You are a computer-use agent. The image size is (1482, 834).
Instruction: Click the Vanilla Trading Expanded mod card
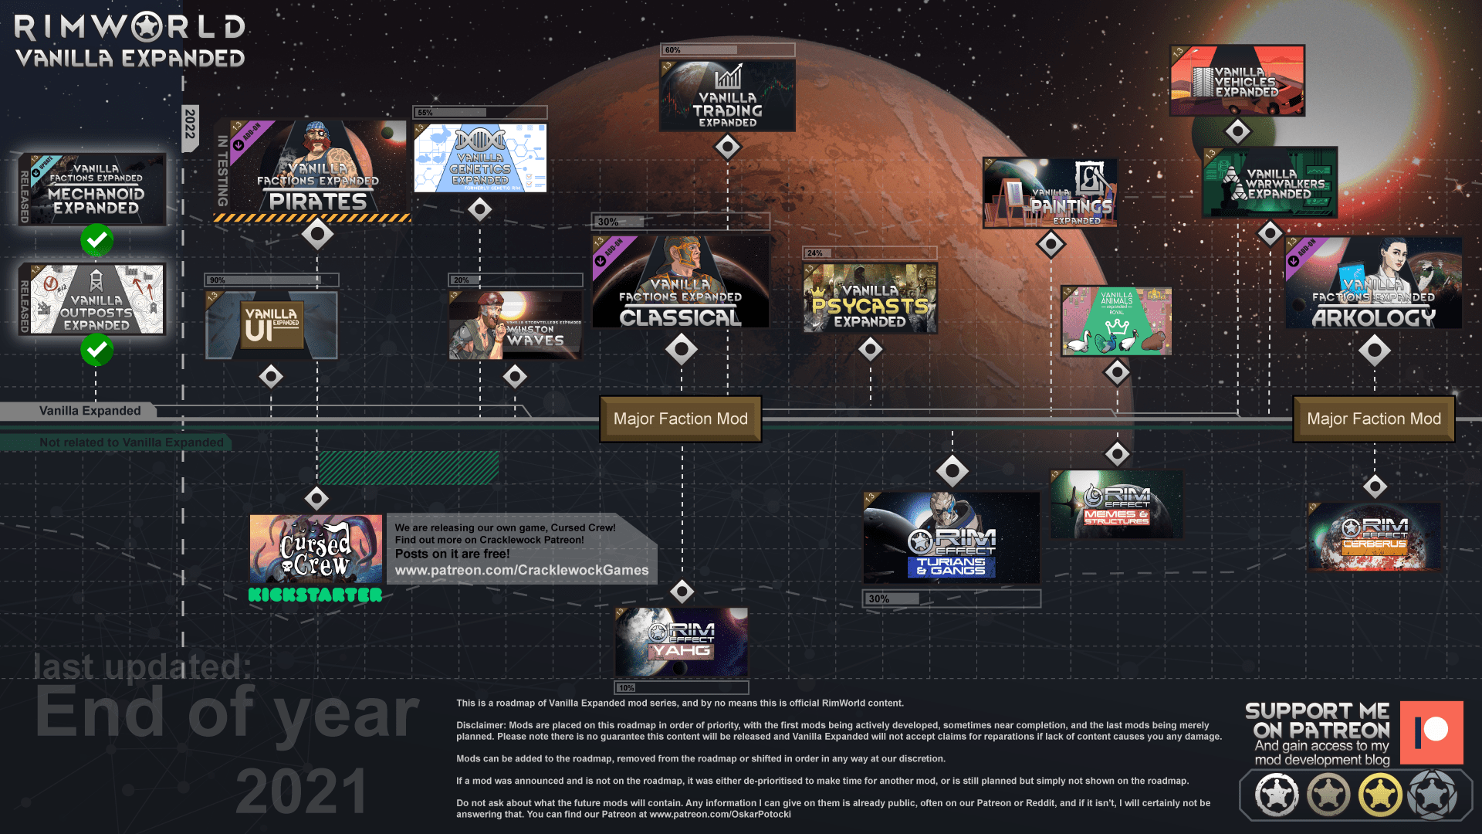(727, 96)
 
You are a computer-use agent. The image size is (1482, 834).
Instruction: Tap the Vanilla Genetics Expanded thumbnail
(480, 158)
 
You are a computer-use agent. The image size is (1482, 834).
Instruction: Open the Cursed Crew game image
(316, 549)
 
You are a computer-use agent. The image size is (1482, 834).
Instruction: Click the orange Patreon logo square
(1431, 732)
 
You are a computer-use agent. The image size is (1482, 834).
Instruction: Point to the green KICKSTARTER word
(315, 595)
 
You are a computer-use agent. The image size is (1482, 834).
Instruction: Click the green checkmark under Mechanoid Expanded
(97, 240)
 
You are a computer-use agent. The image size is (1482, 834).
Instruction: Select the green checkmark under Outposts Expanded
(97, 350)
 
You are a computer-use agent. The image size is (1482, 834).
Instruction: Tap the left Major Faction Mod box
(680, 419)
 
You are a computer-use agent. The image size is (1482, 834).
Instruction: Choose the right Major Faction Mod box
(1373, 419)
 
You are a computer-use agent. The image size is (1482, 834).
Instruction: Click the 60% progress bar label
(673, 50)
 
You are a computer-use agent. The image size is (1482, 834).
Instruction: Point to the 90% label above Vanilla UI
(218, 280)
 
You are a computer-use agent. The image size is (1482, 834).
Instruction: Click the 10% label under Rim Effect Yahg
(626, 688)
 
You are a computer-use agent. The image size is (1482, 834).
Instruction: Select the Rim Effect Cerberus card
(1374, 537)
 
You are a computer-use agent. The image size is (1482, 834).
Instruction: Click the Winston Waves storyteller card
(515, 325)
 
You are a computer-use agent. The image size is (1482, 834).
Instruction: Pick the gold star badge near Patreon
(1380, 795)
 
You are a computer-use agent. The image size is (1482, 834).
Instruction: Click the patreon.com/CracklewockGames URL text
(522, 571)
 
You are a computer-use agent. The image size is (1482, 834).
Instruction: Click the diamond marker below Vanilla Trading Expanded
(727, 147)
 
